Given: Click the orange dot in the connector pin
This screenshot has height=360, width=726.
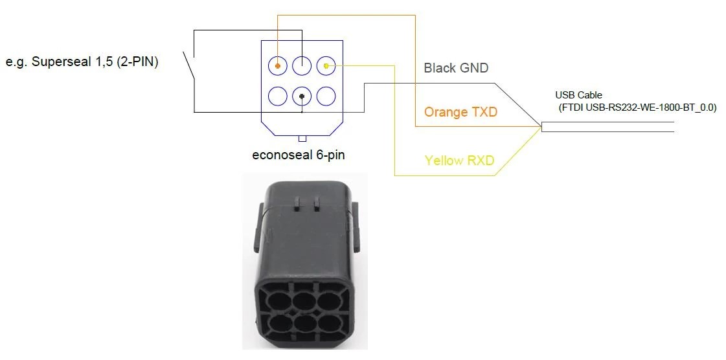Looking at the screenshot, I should [x=278, y=65].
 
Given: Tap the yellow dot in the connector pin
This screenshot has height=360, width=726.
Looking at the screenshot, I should [x=326, y=65].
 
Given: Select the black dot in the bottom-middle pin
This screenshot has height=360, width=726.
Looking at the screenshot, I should [x=302, y=96].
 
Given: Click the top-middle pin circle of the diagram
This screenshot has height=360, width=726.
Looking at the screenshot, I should [x=302, y=65].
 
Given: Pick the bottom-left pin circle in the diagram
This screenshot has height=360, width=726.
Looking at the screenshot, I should [x=278, y=96].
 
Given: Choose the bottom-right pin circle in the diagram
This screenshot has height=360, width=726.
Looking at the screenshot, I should [x=326, y=96].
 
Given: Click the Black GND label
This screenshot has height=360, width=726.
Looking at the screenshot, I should [x=456, y=68].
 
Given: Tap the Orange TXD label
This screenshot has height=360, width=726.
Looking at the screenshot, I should [x=460, y=112].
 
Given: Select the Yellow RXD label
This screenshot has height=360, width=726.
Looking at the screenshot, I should [x=459, y=160].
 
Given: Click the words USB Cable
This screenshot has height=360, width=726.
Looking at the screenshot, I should [x=578, y=95].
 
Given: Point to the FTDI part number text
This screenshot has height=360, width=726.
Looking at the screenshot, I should [x=637, y=107].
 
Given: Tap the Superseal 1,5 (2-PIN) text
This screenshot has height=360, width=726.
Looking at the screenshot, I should [x=82, y=62].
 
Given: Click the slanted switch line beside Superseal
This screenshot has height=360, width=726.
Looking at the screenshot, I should [x=189, y=65].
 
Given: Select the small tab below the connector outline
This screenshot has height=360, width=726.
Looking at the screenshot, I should [x=302, y=139].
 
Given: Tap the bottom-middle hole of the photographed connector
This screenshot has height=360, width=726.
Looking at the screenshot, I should [x=305, y=324].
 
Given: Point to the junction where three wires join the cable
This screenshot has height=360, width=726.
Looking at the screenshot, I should [x=541, y=127].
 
